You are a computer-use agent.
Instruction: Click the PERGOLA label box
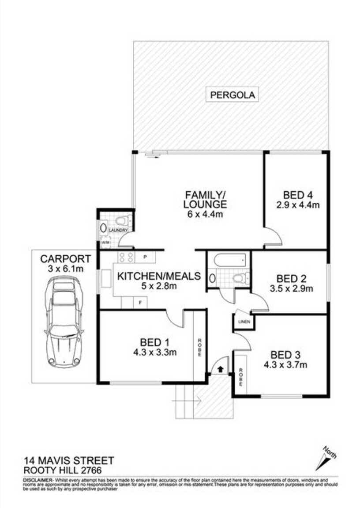pos(232,95)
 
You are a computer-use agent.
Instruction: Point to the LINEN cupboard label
pos(244,322)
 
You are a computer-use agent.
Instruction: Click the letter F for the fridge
pos(140,303)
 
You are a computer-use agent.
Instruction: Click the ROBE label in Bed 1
pos(200,346)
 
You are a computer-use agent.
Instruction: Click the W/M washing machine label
pos(105,243)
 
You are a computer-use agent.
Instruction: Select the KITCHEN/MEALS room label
pos(158,277)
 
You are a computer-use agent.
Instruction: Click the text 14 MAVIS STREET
pos(69,460)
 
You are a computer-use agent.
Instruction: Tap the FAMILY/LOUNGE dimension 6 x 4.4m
pos(206,215)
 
